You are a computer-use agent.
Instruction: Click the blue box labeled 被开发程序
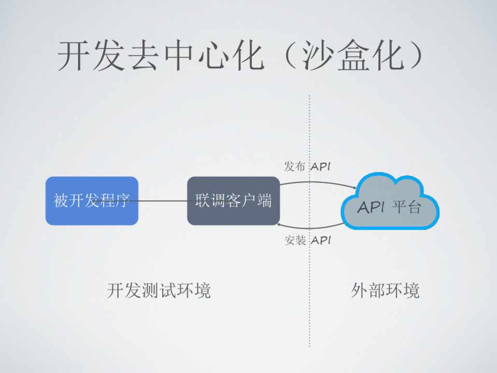coord(92,200)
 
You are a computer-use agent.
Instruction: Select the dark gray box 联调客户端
coord(233,200)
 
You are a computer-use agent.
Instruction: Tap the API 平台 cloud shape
coord(390,201)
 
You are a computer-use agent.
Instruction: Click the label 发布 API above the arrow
coord(307,166)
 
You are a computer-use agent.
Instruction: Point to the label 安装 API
coord(307,240)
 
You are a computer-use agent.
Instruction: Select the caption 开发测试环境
coord(159,290)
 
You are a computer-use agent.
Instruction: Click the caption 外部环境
coord(385,290)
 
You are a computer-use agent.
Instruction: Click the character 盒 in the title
coord(353,56)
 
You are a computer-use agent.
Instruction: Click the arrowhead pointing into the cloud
coord(354,188)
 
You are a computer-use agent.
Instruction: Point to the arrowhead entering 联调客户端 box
coord(279,224)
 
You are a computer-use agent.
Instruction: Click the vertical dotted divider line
coord(309,221)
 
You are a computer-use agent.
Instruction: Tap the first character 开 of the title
coord(73,56)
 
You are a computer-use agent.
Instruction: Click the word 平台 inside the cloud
coord(407,207)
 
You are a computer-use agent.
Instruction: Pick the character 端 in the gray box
coord(264,200)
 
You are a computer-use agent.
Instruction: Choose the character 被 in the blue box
coord(60,200)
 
